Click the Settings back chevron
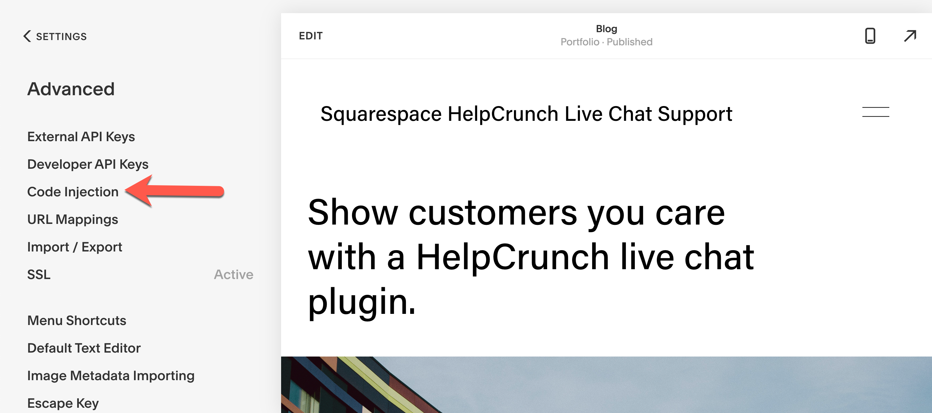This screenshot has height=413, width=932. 27,36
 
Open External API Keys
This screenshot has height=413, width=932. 81,137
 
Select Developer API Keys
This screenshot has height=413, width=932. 88,164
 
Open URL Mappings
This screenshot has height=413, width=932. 73,220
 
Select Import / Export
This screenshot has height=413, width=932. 75,247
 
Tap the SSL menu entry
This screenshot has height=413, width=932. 39,274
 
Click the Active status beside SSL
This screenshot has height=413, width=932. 234,274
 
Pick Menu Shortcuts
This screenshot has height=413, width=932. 77,320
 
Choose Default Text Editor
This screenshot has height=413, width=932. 84,348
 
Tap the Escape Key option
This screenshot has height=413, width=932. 63,403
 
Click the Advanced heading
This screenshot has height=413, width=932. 71,89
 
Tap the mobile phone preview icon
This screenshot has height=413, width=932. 870,36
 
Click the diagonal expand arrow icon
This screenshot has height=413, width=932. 910,36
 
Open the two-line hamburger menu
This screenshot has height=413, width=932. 876,112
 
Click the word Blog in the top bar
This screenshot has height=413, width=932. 606,29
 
